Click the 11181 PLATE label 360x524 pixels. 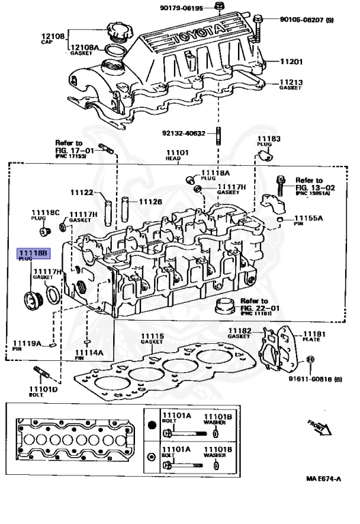(x=314, y=334)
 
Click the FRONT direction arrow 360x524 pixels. (x=318, y=426)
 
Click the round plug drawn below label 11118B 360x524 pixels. (x=31, y=298)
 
